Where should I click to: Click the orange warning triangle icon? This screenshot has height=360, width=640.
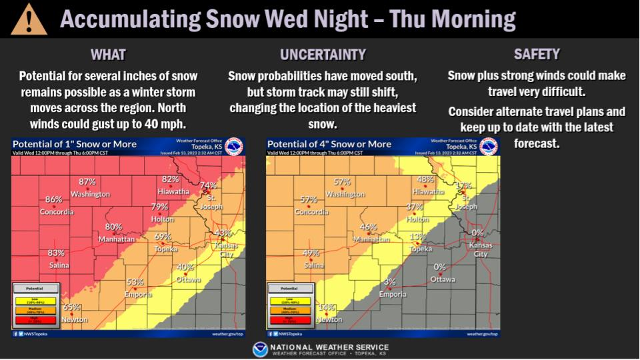[28, 19]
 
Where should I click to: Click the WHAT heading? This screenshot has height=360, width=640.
[108, 55]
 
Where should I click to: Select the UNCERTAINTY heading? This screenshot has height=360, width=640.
[322, 55]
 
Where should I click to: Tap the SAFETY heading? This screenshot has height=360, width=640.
[537, 55]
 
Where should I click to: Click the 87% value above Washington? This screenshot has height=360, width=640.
[87, 181]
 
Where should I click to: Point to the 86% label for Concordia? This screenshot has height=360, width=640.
[53, 199]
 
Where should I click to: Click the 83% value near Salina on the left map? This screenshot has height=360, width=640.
[55, 253]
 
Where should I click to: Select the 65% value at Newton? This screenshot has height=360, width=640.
[71, 307]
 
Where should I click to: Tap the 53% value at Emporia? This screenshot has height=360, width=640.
[135, 282]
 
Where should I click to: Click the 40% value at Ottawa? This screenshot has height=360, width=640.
[185, 267]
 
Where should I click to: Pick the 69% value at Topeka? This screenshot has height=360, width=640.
[163, 237]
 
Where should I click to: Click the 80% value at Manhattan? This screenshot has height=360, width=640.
[113, 227]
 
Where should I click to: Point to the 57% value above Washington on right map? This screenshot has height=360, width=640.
[342, 181]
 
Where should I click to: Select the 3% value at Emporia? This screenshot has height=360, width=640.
[390, 282]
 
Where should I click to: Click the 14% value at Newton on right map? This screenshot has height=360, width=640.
[326, 307]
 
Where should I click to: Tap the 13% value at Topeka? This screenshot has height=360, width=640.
[417, 237]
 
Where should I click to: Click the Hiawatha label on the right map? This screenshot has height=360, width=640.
[428, 191]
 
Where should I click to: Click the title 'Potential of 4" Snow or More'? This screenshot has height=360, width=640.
[329, 144]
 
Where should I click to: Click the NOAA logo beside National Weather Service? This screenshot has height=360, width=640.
[260, 349]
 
